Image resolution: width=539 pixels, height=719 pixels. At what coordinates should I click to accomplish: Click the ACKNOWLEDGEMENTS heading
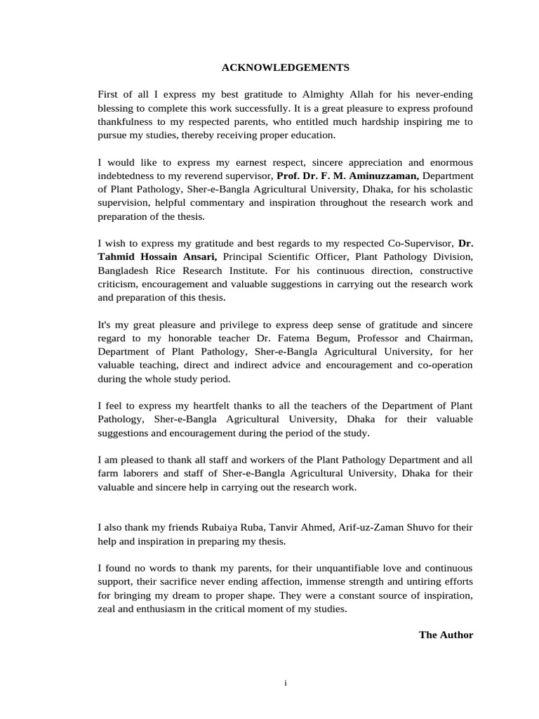pyautogui.click(x=286, y=67)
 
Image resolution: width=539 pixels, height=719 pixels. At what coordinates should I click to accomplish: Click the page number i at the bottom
pyautogui.click(x=286, y=683)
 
